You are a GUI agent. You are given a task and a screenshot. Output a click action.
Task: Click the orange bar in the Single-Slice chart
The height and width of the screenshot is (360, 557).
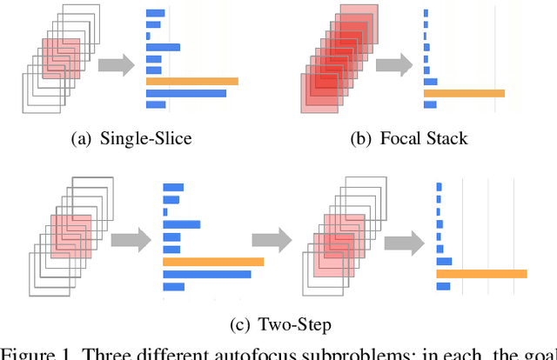click(x=191, y=81)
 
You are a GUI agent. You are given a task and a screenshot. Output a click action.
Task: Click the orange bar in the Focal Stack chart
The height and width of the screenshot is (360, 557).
click(x=464, y=93)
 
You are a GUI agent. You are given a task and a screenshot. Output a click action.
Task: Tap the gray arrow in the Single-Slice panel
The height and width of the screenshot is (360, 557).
click(x=117, y=64)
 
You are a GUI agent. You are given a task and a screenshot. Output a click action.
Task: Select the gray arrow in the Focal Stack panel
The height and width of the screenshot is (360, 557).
click(x=395, y=64)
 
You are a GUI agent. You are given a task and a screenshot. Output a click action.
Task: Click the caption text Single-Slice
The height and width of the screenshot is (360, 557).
click(x=145, y=138)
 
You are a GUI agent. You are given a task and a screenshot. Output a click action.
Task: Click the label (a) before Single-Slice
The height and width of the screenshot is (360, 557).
click(x=83, y=138)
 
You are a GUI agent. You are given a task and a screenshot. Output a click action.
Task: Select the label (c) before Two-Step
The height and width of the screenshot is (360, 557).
click(x=240, y=325)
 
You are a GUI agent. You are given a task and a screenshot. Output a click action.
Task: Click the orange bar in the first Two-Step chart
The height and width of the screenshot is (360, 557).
click(x=213, y=262)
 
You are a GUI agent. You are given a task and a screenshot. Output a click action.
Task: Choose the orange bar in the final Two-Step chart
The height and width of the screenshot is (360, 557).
click(x=481, y=274)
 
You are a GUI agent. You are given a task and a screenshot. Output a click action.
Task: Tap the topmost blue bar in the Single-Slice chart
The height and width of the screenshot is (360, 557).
click(x=156, y=13)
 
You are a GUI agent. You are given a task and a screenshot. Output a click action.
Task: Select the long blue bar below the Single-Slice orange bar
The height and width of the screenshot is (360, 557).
click(x=186, y=93)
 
